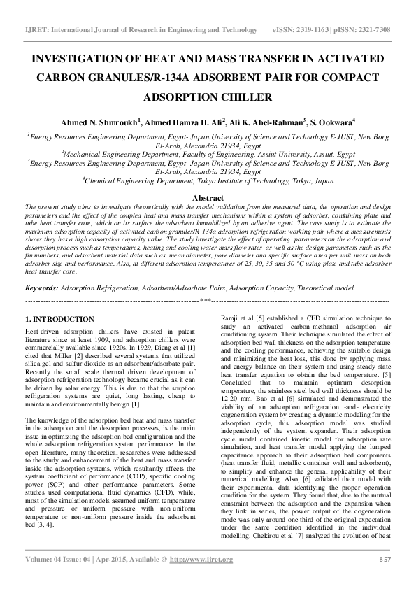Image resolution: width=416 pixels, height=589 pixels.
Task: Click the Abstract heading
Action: pyautogui.click(x=208, y=199)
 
